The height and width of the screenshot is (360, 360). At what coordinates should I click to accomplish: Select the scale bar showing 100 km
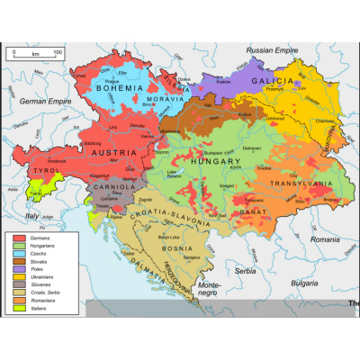(x=35, y=56)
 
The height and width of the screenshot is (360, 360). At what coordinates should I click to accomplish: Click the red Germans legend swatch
(x=18, y=235)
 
